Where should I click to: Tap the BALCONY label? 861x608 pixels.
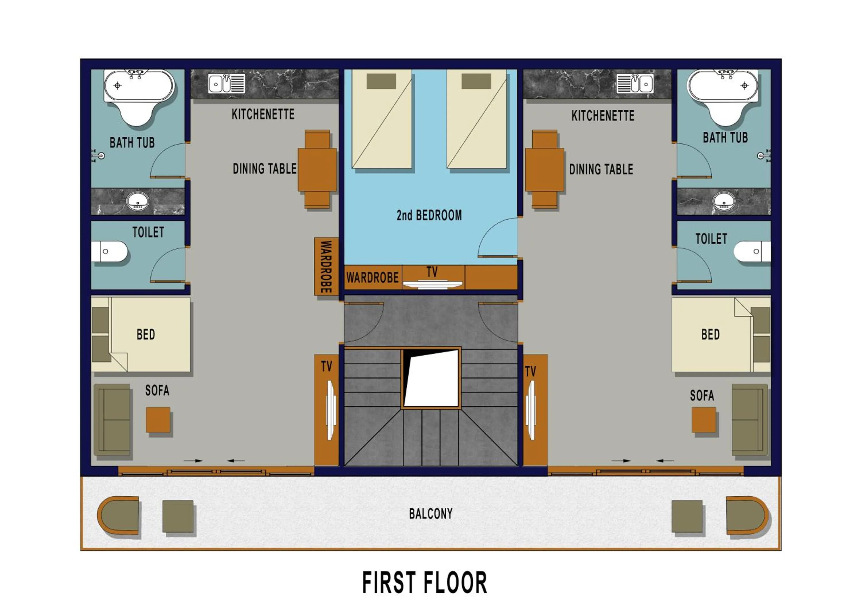(431, 514)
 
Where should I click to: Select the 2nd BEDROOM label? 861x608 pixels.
(429, 215)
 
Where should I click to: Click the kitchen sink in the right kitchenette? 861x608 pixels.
(635, 83)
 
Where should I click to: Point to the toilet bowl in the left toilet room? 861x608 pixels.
(110, 251)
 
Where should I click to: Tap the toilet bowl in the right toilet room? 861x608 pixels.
(752, 251)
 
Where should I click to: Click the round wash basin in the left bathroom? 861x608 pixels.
(138, 201)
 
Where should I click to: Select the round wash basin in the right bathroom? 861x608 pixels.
(724, 201)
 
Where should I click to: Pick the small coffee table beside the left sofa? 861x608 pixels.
(158, 420)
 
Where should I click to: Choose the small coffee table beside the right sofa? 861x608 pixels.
(704, 420)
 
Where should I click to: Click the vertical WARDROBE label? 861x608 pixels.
(326, 267)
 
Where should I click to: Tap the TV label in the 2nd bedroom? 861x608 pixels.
(432, 272)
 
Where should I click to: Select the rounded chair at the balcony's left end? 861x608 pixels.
(118, 515)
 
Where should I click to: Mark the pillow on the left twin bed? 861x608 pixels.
(381, 81)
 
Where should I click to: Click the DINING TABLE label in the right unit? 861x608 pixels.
(601, 170)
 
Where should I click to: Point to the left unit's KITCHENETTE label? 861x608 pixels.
(263, 114)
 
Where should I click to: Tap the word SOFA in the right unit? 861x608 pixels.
(702, 395)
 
